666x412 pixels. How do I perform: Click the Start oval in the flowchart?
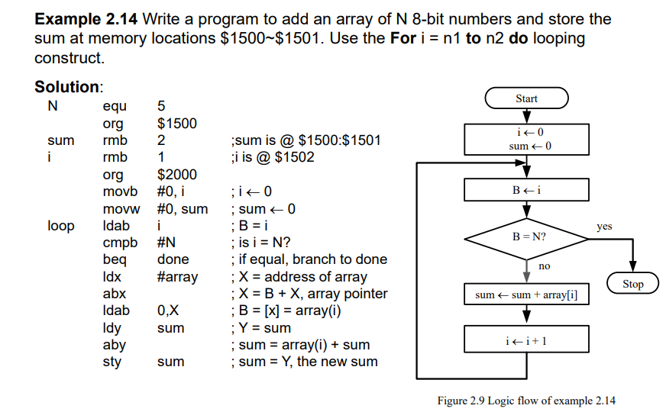click(526, 98)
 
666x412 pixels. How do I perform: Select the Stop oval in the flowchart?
click(633, 284)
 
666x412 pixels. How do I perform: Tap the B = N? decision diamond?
click(528, 237)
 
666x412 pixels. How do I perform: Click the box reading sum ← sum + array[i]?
click(527, 295)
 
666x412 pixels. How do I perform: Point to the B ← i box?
click(527, 190)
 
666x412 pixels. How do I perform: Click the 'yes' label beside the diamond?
click(604, 227)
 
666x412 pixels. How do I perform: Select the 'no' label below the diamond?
click(544, 266)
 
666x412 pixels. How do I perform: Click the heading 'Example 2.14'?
click(87, 19)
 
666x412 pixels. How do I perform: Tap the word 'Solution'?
click(67, 87)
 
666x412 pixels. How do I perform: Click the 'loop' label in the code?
click(61, 226)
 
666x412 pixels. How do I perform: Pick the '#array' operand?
click(177, 277)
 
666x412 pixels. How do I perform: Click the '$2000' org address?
click(176, 175)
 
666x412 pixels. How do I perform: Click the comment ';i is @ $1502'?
click(271, 158)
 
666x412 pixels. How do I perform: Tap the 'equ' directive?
click(115, 106)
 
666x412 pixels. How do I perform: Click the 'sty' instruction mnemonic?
click(112, 362)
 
